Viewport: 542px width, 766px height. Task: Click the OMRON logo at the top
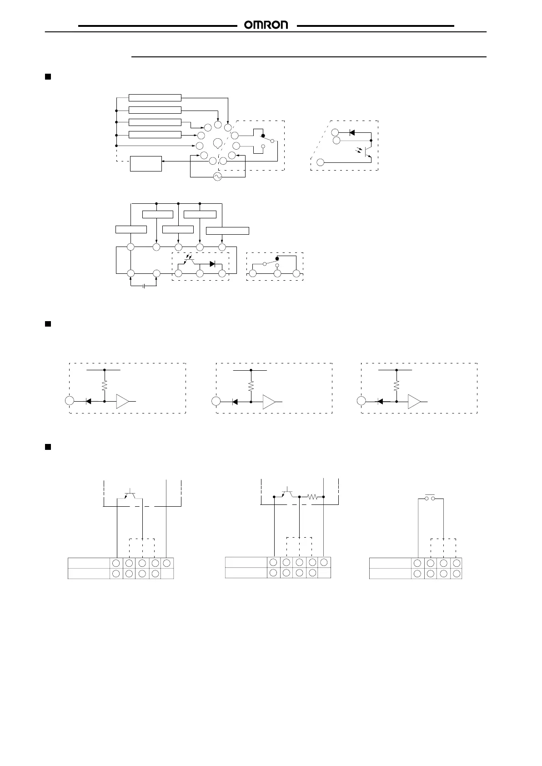pyautogui.click(x=266, y=25)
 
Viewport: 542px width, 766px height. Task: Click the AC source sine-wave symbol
pyautogui.click(x=217, y=177)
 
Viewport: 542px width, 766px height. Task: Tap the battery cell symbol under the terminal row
pyautogui.click(x=144, y=286)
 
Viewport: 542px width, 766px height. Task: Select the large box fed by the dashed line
pyautogui.click(x=146, y=164)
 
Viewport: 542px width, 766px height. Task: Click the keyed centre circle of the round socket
pyautogui.click(x=217, y=142)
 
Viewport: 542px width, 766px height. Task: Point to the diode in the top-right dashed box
pyautogui.click(x=352, y=132)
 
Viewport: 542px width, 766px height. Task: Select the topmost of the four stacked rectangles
pyautogui.click(x=155, y=98)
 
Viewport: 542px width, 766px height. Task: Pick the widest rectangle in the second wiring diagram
pyautogui.click(x=227, y=230)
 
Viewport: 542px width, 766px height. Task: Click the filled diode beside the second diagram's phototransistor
pyautogui.click(x=212, y=264)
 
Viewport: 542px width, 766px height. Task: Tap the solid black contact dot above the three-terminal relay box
pyautogui.click(x=277, y=258)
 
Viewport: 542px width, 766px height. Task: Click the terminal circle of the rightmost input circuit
pyautogui.click(x=361, y=402)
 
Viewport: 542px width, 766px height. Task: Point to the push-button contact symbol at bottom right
pyautogui.click(x=430, y=498)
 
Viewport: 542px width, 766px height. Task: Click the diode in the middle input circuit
pyautogui.click(x=235, y=402)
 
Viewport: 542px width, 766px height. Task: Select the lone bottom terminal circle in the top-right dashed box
pyautogui.click(x=321, y=162)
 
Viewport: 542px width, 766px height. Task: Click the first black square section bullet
pyautogui.click(x=47, y=76)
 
